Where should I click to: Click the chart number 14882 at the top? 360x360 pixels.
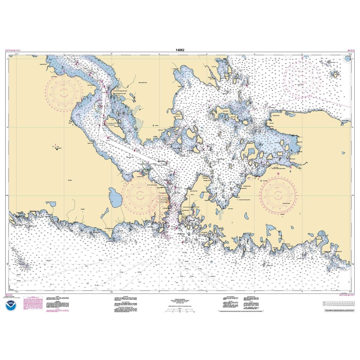click(180, 50)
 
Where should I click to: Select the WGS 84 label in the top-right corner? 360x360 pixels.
click(351, 50)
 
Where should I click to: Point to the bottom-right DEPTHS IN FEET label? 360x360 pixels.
click(347, 295)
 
